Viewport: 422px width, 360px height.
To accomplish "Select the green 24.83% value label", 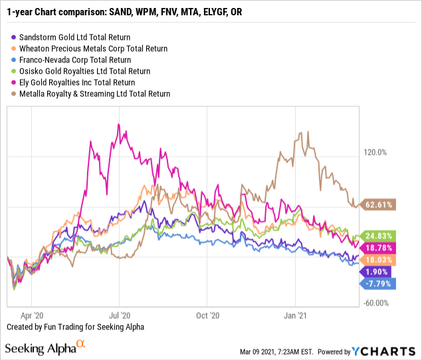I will pos(378,236).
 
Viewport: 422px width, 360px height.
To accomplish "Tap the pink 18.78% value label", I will pos(378,248).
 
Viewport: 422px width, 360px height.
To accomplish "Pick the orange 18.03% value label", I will pos(378,260).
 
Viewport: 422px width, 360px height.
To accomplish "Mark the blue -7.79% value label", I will pos(378,284).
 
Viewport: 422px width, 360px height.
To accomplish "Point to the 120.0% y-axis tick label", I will pos(375,152).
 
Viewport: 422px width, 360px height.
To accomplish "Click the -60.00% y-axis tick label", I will pos(375,304).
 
